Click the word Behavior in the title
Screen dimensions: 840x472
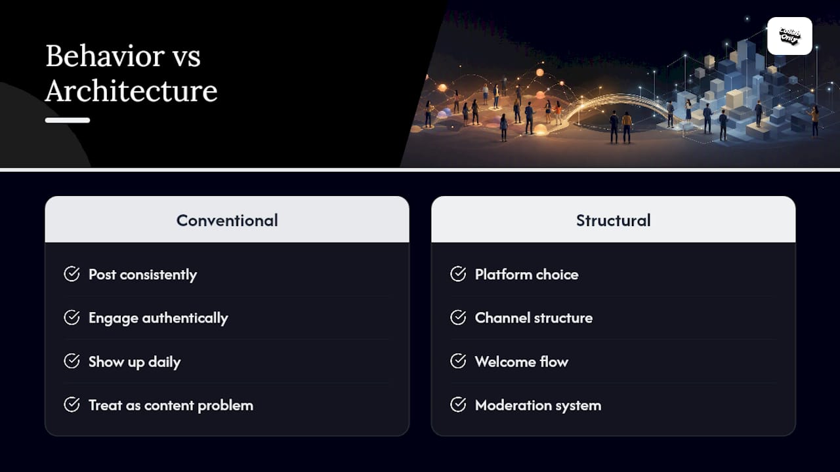tap(105, 56)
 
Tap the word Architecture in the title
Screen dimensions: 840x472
tap(131, 90)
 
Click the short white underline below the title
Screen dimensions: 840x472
tap(68, 120)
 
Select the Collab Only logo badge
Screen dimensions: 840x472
tap(789, 36)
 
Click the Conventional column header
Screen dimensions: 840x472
tap(227, 220)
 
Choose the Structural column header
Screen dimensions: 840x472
tap(614, 220)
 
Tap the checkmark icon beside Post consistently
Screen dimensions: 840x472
tap(72, 274)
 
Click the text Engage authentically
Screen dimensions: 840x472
tap(158, 318)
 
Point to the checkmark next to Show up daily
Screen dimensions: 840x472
tap(72, 361)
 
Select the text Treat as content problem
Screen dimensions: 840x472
tap(171, 405)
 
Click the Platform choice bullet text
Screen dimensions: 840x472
tap(526, 275)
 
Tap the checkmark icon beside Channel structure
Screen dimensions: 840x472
tap(458, 317)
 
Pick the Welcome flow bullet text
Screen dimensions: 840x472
tap(522, 362)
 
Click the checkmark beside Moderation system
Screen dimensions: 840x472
tap(458, 404)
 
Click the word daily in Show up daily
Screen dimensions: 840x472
tap(164, 363)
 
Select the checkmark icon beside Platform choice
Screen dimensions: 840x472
tap(458, 274)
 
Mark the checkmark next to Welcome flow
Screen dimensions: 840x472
tap(458, 361)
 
